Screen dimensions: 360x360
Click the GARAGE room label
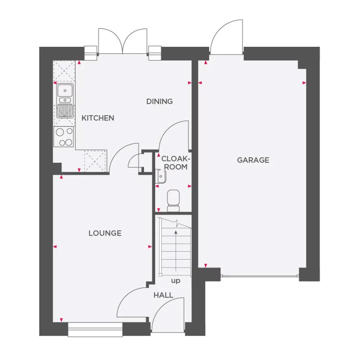(x=253, y=160)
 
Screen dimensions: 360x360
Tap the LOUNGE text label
(x=105, y=233)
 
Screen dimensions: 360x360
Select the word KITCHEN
(x=98, y=118)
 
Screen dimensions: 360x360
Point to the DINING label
(x=159, y=102)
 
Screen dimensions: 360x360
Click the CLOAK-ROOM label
(x=174, y=163)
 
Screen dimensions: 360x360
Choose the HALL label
(x=164, y=295)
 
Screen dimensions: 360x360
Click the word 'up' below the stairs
(x=176, y=281)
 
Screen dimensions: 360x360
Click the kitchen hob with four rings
(x=64, y=136)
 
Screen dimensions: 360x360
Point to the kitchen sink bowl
(x=64, y=90)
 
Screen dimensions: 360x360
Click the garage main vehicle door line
(x=260, y=276)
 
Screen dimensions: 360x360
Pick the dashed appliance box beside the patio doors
(x=64, y=71)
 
